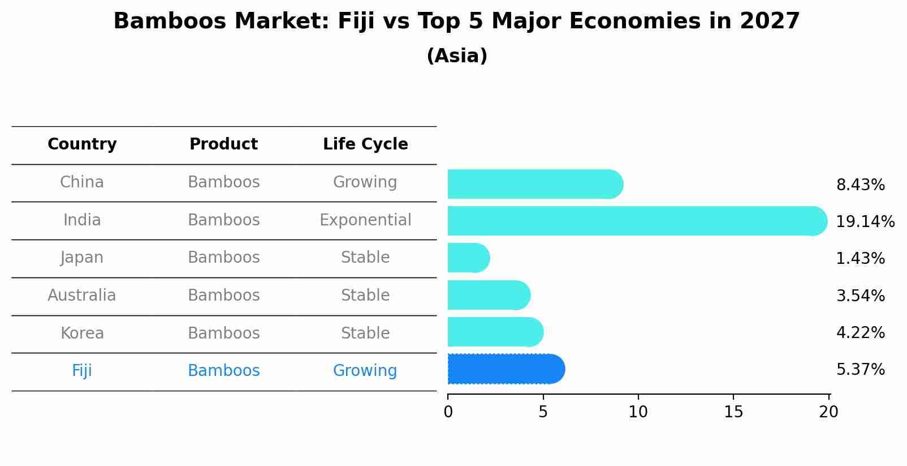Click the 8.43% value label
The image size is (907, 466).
860,185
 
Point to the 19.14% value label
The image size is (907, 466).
865,222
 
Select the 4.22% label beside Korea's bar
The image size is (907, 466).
860,332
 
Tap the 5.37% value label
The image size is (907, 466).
860,370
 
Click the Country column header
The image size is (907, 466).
82,144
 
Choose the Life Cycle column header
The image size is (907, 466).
365,144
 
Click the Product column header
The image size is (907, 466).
223,144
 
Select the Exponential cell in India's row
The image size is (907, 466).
365,220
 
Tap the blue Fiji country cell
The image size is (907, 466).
82,371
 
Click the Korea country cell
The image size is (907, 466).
82,333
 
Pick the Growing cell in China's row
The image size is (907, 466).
365,182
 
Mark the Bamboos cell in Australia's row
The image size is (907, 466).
223,296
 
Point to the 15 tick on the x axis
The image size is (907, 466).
733,412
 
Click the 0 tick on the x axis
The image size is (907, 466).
448,412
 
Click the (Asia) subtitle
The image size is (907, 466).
457,56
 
